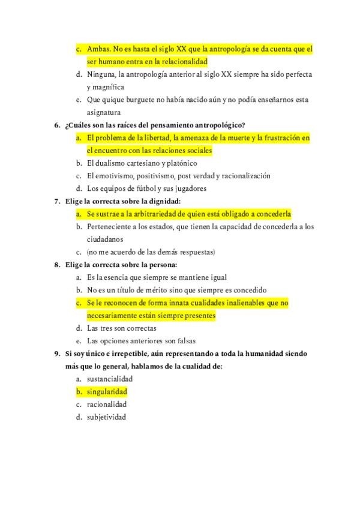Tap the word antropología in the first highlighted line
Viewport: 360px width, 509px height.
[x=218, y=49]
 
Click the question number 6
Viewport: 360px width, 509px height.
[x=56, y=125]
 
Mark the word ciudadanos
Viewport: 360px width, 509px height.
[x=105, y=239]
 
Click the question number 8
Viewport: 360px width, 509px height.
[x=56, y=265]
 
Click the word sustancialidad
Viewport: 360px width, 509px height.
[x=110, y=379]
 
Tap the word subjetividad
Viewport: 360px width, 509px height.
[x=106, y=417]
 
